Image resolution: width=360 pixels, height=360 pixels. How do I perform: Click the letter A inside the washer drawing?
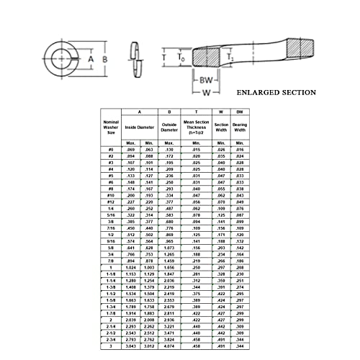pos(91,58)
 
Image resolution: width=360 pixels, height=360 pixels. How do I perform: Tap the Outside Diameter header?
pos(169,127)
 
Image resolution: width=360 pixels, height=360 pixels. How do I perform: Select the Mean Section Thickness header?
pos(195,128)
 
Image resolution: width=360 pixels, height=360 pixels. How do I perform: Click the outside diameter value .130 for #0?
pos(169,148)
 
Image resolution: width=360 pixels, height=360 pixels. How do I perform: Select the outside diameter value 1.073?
pos(169,248)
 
